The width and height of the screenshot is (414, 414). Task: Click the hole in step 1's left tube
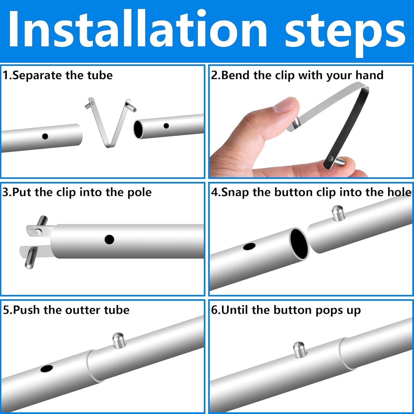coord(45,136)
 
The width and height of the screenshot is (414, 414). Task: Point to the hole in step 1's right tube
coord(166,126)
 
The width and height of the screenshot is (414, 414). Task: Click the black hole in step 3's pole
coord(110,240)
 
